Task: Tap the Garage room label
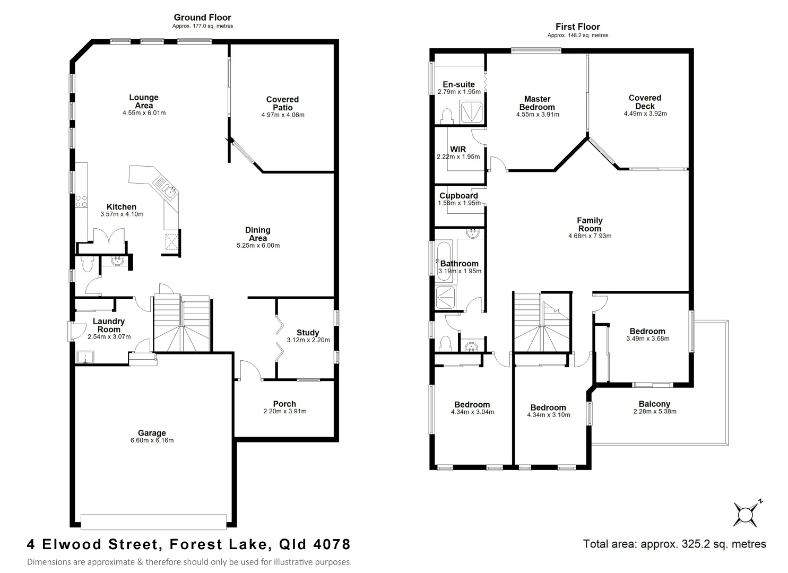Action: [152, 433]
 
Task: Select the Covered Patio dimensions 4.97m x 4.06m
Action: [283, 115]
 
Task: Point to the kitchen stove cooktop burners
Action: [81, 201]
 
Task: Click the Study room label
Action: [308, 333]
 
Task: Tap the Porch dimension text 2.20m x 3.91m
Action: [284, 411]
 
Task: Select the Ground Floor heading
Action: [202, 18]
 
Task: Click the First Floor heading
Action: [577, 27]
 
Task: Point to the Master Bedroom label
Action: [537, 103]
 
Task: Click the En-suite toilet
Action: [446, 116]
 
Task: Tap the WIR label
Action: [457, 149]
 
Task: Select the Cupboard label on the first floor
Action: [458, 195]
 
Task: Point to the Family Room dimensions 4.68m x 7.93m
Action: [590, 236]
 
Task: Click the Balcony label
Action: [654, 404]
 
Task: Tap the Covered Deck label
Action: [645, 102]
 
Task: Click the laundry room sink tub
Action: [83, 357]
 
